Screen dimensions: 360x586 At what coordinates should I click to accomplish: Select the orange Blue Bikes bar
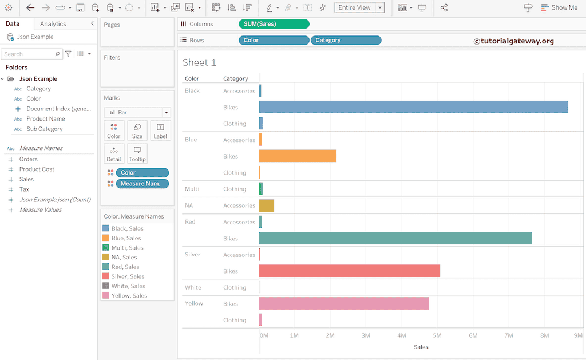point(298,156)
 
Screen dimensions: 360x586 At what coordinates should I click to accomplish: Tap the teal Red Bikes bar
point(395,238)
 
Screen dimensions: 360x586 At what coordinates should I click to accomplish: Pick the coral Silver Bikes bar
point(349,271)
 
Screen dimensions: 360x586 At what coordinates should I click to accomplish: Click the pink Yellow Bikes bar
point(343,303)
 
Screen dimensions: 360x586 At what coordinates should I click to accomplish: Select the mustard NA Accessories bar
point(266,205)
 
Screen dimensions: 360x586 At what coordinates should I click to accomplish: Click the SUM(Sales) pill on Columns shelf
point(274,24)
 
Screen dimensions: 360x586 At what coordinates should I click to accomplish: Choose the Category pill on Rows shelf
point(346,40)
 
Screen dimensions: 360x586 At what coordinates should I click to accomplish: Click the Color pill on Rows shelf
point(274,40)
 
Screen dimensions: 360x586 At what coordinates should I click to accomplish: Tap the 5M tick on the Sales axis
point(437,335)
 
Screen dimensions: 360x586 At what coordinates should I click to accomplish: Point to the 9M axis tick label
point(577,335)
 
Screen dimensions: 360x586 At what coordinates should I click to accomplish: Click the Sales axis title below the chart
point(421,347)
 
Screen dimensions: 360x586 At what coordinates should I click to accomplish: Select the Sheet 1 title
point(199,62)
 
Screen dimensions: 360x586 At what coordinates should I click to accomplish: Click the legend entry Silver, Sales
point(128,276)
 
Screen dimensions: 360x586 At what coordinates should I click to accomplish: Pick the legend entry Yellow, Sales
point(129,296)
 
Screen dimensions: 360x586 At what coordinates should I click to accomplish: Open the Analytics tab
point(53,24)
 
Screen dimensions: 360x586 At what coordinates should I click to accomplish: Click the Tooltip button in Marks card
point(137,153)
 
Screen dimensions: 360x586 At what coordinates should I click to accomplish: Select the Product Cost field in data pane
point(37,169)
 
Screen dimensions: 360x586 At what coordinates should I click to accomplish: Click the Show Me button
point(559,7)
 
